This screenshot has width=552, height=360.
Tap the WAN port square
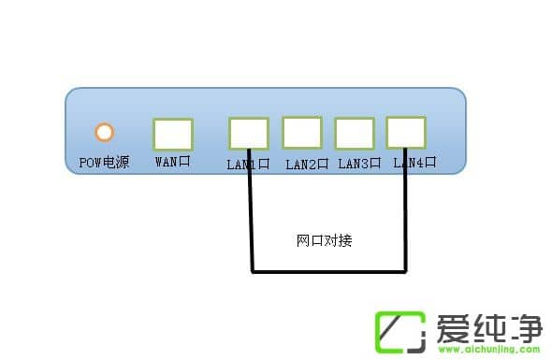(172, 134)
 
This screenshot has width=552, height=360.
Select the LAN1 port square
(248, 134)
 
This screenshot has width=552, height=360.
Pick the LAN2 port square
(301, 132)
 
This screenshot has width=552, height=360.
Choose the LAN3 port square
(355, 133)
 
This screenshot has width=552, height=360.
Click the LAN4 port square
(406, 132)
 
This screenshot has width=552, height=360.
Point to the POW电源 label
(104, 163)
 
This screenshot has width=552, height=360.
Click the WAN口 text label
(172, 162)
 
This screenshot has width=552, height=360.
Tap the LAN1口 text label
(248, 165)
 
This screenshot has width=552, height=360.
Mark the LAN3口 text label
(359, 164)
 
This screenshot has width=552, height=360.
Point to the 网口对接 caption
(324, 240)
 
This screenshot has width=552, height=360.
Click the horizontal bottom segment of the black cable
(327, 272)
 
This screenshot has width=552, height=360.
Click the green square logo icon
(400, 329)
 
